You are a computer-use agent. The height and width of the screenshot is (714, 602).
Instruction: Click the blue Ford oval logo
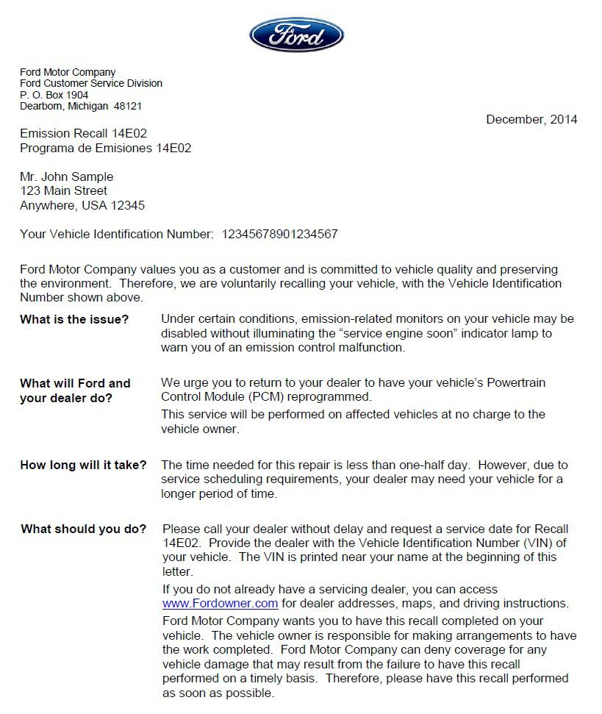pyautogui.click(x=296, y=35)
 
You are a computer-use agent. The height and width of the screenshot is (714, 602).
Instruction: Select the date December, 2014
pyautogui.click(x=531, y=119)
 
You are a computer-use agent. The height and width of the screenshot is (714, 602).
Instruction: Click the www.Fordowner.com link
pyautogui.click(x=220, y=604)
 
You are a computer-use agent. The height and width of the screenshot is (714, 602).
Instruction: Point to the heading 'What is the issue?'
pyautogui.click(x=74, y=319)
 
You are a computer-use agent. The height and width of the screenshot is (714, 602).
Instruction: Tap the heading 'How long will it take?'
pyautogui.click(x=83, y=465)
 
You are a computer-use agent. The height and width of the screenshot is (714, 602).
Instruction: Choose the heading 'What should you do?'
pyautogui.click(x=83, y=529)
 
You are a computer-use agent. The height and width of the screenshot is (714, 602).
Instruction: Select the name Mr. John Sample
pyautogui.click(x=66, y=176)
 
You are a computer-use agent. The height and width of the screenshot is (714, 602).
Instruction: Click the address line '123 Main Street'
pyautogui.click(x=63, y=190)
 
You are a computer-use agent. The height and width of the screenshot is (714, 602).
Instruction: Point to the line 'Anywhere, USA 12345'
pyautogui.click(x=82, y=205)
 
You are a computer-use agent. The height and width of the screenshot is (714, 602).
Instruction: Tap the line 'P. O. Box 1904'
pyautogui.click(x=54, y=95)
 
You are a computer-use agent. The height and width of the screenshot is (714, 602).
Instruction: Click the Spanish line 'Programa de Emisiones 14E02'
pyautogui.click(x=105, y=148)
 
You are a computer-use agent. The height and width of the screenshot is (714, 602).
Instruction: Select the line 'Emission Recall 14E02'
pyautogui.click(x=83, y=133)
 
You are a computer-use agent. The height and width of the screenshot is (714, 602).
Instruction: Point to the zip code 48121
pyautogui.click(x=128, y=106)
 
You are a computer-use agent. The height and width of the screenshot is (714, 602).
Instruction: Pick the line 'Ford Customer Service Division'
pyautogui.click(x=91, y=84)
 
